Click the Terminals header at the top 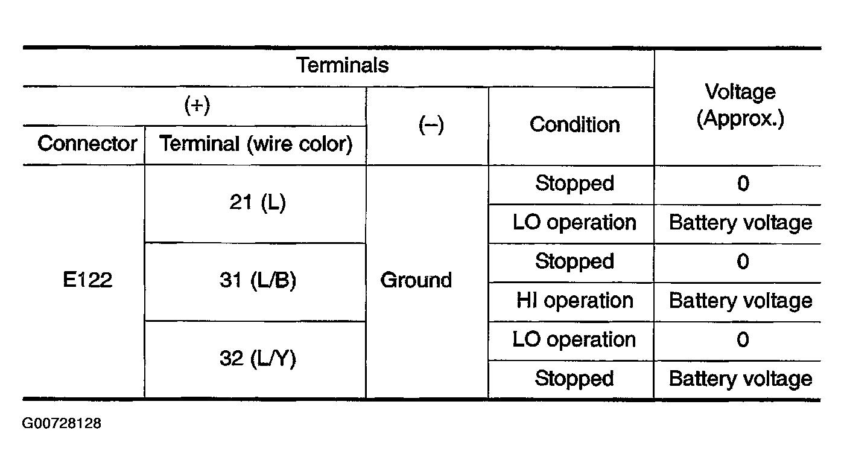[342, 65]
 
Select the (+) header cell [197, 105]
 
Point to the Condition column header [574, 124]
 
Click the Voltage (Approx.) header [740, 106]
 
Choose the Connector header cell [87, 144]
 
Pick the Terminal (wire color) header [256, 144]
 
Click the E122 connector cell [87, 280]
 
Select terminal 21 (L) [258, 202]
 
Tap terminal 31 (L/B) [258, 280]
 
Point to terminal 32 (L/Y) [258, 358]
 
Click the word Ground [416, 280]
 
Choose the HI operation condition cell [574, 301]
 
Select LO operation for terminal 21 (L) [574, 222]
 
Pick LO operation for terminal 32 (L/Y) [574, 340]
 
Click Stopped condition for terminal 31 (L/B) [574, 261]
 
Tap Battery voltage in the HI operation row [740, 301]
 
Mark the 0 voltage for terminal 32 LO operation [743, 340]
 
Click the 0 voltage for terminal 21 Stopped [743, 184]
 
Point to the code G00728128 [62, 423]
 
